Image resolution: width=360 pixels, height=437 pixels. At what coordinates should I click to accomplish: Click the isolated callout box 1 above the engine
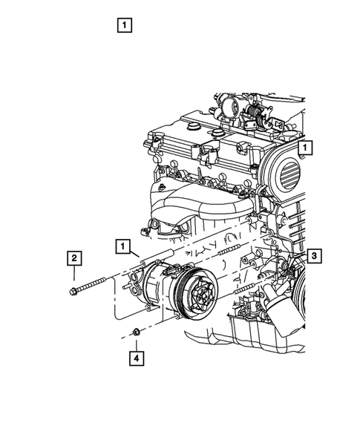(x=124, y=24)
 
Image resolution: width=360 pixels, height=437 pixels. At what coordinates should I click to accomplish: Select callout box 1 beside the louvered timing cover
(x=306, y=148)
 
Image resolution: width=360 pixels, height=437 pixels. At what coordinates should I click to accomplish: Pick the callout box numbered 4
(x=136, y=358)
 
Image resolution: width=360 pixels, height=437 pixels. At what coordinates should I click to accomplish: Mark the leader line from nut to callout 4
(x=136, y=343)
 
